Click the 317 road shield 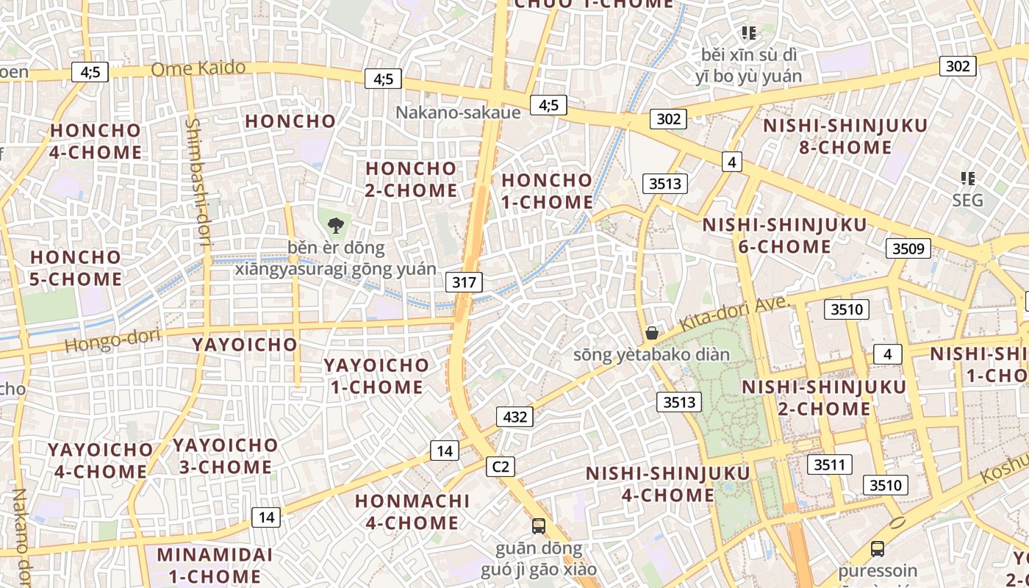pos(465,282)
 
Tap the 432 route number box pos(514,417)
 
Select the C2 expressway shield pos(501,466)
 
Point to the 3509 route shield pos(908,248)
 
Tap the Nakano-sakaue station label pos(458,112)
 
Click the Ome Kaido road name pos(198,68)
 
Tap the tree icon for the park pos(336,225)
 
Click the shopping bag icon pos(651,333)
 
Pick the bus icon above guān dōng pos(539,526)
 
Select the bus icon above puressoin pos(877,548)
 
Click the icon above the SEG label pos(967,178)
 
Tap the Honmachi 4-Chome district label pos(412,512)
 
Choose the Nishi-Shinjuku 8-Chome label pos(845,136)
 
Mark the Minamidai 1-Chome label pos(215,564)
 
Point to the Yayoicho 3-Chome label pos(226,456)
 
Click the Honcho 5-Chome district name pos(76,268)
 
